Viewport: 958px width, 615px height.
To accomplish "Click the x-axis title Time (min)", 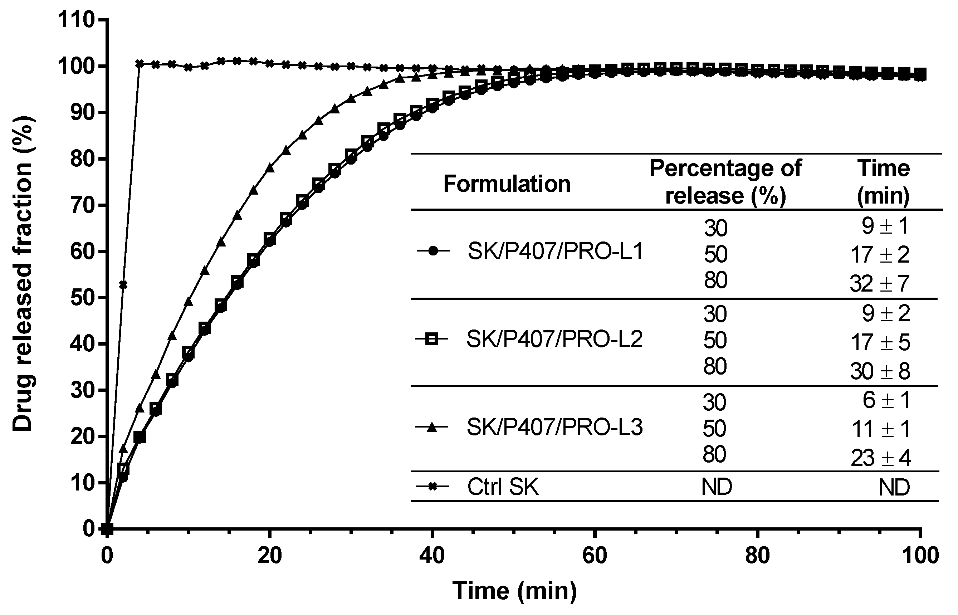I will click(514, 591).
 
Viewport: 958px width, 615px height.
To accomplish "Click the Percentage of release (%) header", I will click(725, 182).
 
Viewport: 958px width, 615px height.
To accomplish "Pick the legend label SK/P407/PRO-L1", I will click(556, 252).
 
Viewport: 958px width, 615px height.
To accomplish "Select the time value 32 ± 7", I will click(880, 284).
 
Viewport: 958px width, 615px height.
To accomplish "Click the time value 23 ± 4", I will click(880, 458).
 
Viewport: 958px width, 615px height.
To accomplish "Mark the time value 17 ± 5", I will click(880, 343).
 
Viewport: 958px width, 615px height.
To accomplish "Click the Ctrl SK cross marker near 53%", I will click(123, 285).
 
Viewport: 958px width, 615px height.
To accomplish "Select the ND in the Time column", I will click(894, 488).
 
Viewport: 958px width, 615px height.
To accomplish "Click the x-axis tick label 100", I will click(920, 556).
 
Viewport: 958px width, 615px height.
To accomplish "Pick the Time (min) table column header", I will click(883, 182).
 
